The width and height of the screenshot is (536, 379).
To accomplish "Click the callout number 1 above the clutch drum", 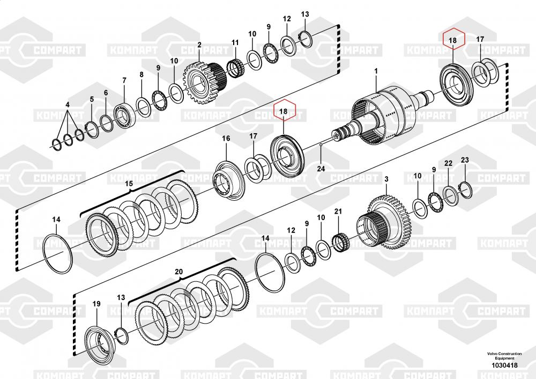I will [x=376, y=71].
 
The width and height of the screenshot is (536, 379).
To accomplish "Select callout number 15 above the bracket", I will [x=129, y=184].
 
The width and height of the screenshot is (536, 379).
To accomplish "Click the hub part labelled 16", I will [x=227, y=178].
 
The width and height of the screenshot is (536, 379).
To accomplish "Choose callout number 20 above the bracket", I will [x=179, y=272].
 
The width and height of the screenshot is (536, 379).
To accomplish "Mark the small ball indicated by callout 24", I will [x=320, y=145].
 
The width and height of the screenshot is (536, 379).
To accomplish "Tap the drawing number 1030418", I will [x=504, y=366].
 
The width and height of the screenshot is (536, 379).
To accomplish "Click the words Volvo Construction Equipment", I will [x=504, y=356].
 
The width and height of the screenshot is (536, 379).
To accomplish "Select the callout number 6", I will [x=106, y=93].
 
